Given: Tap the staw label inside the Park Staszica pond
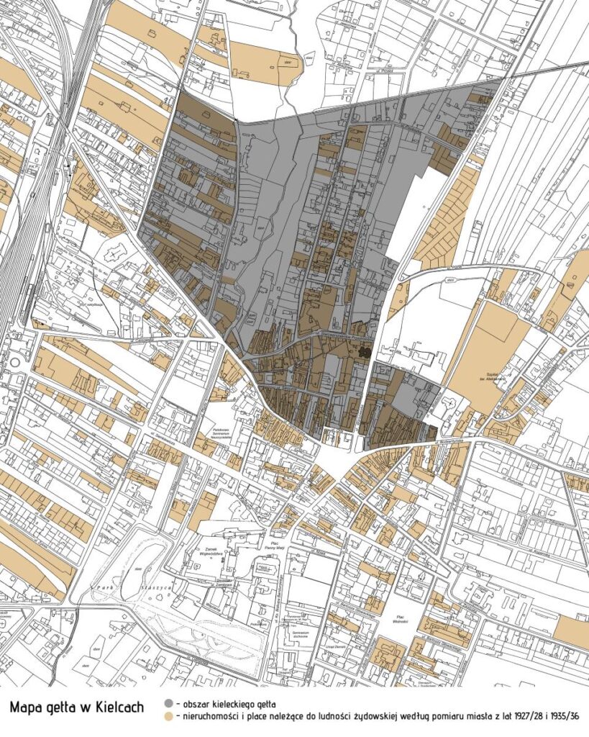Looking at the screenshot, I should coord(136,570).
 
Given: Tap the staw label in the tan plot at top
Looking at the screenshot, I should coord(288,62).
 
